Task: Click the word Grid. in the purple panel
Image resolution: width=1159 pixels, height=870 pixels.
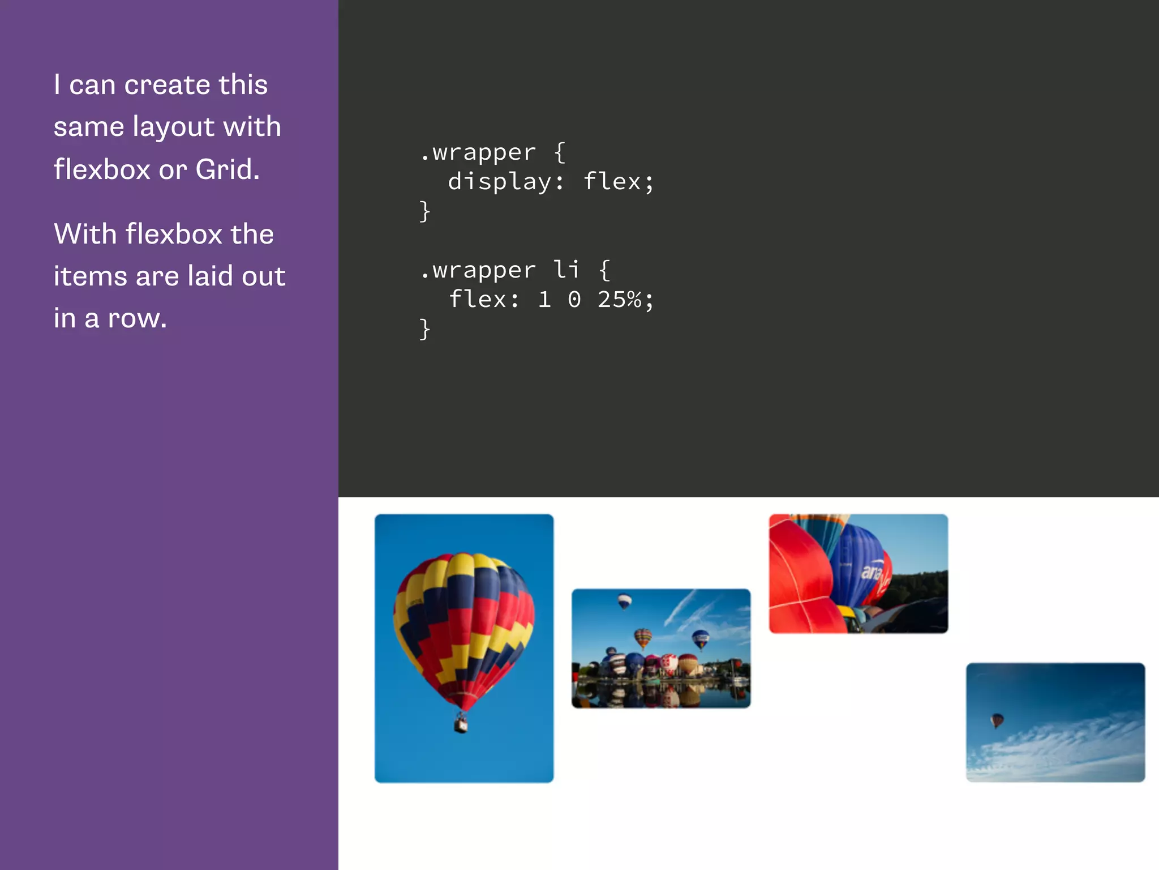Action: (227, 169)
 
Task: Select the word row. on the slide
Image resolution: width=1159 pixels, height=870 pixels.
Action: (138, 318)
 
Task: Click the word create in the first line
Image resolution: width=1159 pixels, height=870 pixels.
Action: (167, 86)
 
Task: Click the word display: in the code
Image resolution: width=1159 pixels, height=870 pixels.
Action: (506, 182)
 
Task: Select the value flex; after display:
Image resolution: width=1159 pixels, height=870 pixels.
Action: (618, 182)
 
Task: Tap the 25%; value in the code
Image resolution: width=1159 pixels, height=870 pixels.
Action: (625, 300)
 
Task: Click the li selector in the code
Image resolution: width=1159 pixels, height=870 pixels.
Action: (566, 270)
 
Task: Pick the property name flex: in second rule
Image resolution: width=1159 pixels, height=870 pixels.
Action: (484, 300)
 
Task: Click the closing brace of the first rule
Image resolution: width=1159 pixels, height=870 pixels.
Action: (425, 211)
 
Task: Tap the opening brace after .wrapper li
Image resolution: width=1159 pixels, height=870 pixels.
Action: (604, 270)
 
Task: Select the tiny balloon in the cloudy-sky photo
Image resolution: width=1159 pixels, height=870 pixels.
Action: (997, 720)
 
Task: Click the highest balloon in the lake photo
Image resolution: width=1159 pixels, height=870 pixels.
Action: (624, 600)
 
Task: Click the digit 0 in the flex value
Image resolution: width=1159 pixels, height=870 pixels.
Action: (574, 300)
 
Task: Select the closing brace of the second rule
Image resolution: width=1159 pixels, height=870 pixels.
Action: (425, 329)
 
